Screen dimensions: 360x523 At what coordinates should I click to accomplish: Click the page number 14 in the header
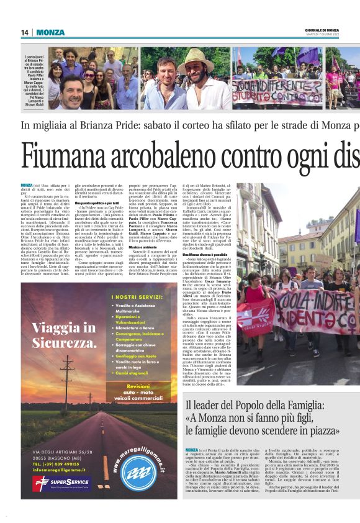pyautogui.click(x=25, y=32)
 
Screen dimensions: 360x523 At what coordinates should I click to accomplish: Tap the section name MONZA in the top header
pyautogui.click(x=50, y=32)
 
